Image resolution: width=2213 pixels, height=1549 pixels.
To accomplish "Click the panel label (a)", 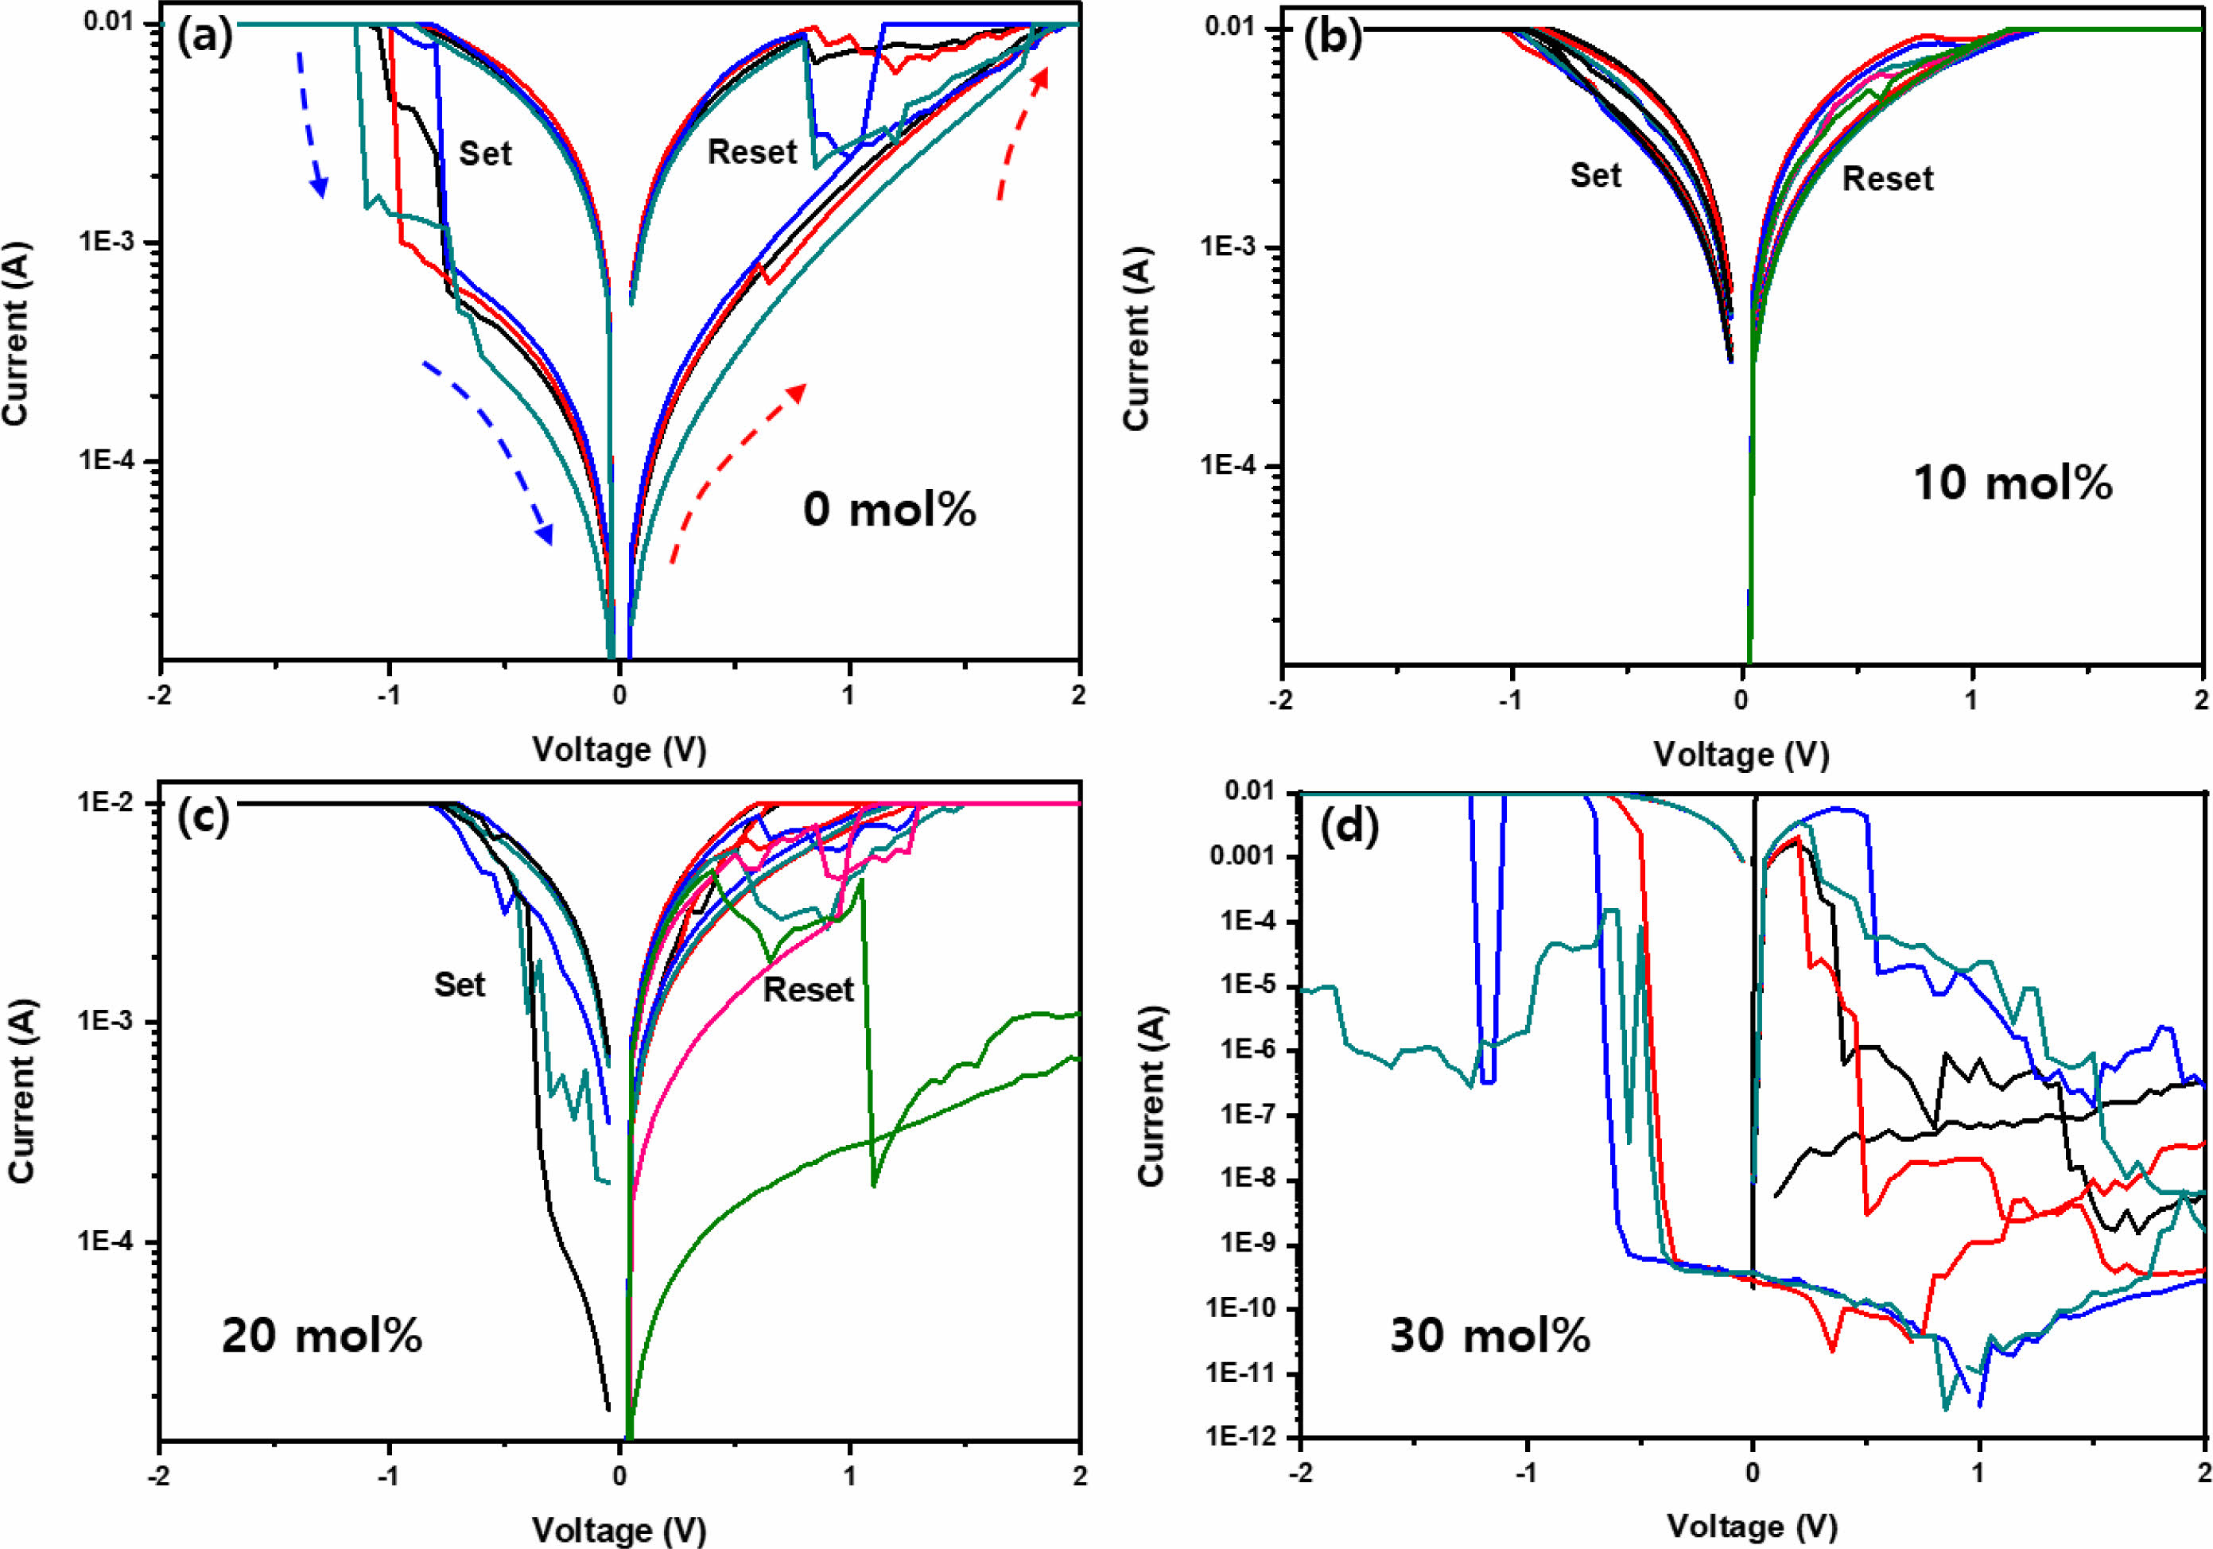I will pos(204,37).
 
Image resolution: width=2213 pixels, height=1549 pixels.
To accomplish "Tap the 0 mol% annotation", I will pos(889,509).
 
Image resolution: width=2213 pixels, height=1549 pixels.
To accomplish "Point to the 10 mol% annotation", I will pos(2013,482).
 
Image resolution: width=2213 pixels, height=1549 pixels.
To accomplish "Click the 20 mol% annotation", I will pos(322,1336).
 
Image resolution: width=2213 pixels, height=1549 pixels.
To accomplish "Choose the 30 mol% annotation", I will pos(1489,1336).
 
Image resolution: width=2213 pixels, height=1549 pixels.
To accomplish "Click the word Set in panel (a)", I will pos(485,154).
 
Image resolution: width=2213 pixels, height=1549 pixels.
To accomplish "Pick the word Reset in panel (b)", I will pos(1887,179).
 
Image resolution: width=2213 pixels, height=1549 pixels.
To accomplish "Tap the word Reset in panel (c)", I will pos(808,990).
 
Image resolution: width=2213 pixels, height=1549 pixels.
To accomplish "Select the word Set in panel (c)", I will pos(459,984).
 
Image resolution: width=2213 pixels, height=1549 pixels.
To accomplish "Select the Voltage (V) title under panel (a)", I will pos(619,749).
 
